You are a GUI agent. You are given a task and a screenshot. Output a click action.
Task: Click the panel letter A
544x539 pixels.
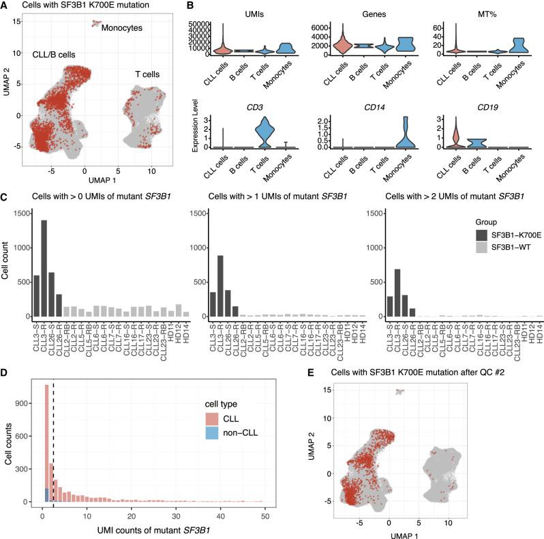coord(5,5)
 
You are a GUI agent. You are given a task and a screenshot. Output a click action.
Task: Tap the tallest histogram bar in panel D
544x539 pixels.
coord(46,443)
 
